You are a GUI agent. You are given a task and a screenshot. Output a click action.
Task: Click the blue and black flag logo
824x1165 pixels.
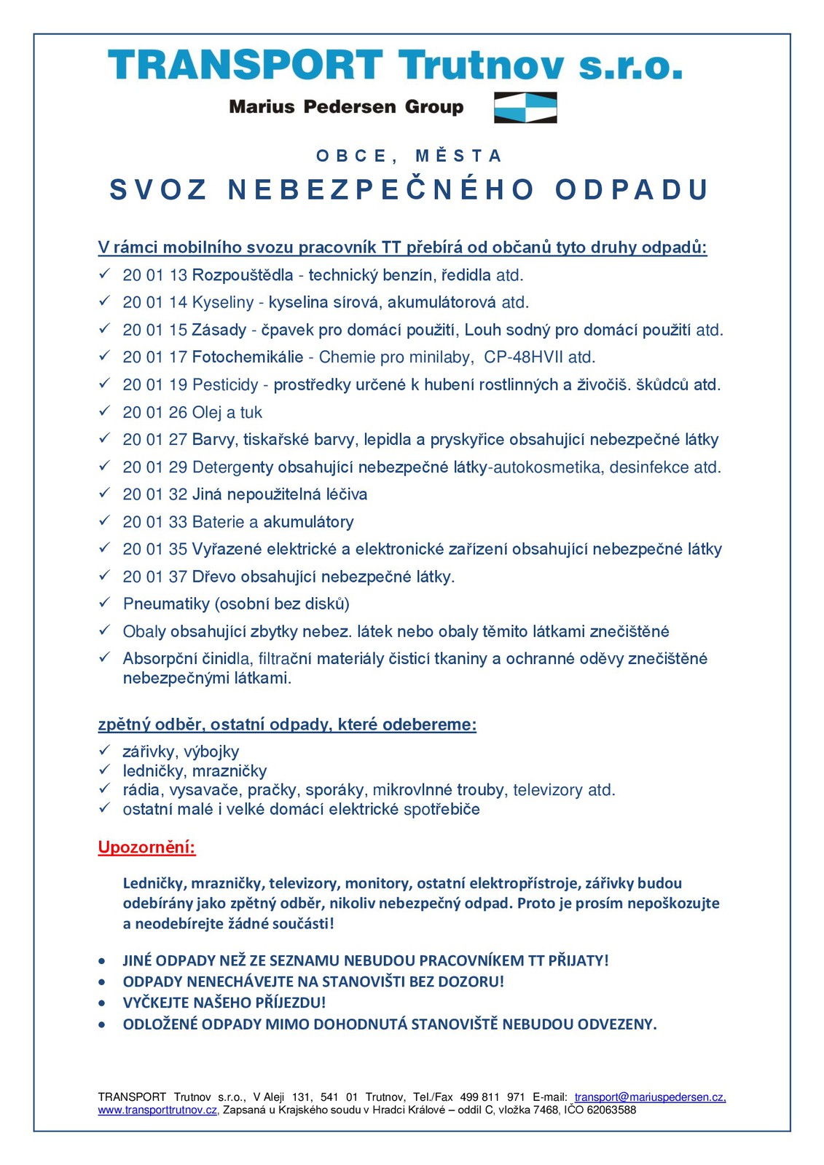[x=525, y=107]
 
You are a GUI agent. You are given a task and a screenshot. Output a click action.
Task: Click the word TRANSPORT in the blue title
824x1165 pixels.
[x=246, y=66]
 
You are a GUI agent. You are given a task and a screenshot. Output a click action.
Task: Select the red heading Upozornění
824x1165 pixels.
[x=147, y=848]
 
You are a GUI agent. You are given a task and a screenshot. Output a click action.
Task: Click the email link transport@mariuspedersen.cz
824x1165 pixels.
[x=649, y=1097]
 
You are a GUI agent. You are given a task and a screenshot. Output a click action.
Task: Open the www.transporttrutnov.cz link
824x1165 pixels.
[x=158, y=1110]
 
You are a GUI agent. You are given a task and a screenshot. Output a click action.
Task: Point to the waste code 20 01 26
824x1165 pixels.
[x=155, y=413]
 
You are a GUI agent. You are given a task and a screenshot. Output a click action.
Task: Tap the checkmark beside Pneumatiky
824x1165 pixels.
[x=105, y=603]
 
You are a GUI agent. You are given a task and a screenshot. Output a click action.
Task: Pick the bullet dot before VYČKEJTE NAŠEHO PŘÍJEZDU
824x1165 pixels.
[x=103, y=1003]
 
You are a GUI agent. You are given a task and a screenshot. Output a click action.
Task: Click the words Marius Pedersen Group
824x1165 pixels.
[x=346, y=107]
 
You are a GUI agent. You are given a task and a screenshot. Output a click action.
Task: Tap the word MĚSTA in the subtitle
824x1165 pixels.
[x=458, y=156]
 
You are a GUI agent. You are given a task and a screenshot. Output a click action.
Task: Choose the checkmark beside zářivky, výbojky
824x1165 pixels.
[x=105, y=751]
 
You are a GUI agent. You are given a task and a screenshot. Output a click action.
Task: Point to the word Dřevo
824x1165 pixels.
[x=213, y=577]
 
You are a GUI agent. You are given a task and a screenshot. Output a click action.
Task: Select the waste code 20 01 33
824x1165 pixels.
[x=155, y=522]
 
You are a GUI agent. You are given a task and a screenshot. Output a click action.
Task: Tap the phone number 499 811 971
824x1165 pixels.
[x=493, y=1097]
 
